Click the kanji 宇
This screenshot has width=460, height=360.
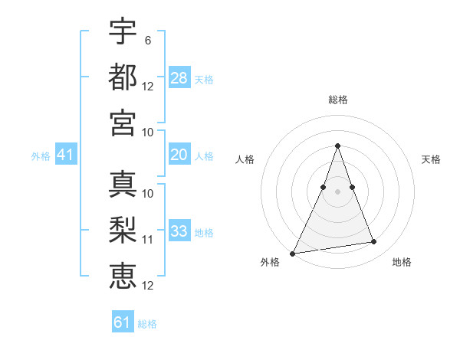[x=123, y=32]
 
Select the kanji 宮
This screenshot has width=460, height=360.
[x=123, y=122]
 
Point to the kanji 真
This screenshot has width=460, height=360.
[x=123, y=184]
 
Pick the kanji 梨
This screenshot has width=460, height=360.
[x=123, y=230]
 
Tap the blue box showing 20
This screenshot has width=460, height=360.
[x=179, y=154]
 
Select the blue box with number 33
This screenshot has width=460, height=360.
[x=179, y=231]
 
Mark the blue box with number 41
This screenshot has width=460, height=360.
[x=66, y=155]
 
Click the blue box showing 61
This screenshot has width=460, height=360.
[x=123, y=322]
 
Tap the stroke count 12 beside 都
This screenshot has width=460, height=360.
[x=148, y=86]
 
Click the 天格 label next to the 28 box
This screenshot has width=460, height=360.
[x=204, y=80]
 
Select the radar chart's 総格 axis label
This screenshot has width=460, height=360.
[x=337, y=100]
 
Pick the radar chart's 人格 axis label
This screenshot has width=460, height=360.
[x=245, y=159]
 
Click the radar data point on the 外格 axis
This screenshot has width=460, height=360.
[x=292, y=253]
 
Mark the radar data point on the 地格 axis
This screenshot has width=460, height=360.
[x=374, y=242]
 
